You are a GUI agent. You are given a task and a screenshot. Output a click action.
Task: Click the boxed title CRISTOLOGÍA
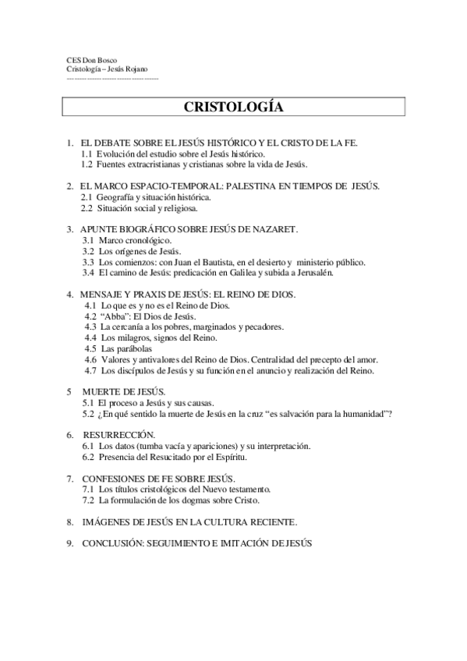click(x=233, y=107)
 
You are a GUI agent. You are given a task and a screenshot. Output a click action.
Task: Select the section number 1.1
click(x=87, y=155)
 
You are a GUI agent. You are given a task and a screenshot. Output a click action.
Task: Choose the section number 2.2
click(x=87, y=208)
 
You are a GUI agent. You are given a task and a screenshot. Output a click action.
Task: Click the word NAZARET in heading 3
click(x=274, y=230)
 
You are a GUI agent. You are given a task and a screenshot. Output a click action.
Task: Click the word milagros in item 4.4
click(x=135, y=338)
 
